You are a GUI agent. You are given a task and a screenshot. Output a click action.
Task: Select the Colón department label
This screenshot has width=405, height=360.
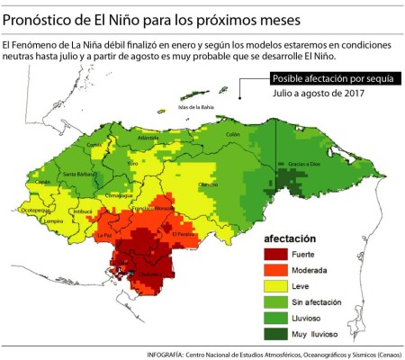tap(233, 134)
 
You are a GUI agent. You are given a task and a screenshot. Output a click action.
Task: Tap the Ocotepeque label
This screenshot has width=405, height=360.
tap(35, 210)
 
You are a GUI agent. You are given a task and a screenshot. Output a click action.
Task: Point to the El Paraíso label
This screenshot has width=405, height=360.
tap(184, 234)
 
